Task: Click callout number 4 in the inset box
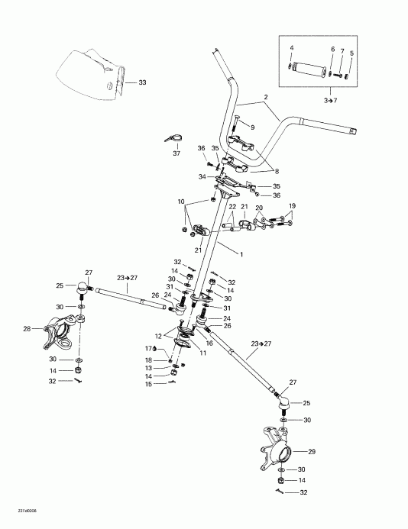(290, 49)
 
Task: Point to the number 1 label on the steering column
(243, 253)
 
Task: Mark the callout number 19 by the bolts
(290, 206)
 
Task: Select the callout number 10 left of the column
(181, 202)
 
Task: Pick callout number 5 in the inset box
(351, 53)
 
